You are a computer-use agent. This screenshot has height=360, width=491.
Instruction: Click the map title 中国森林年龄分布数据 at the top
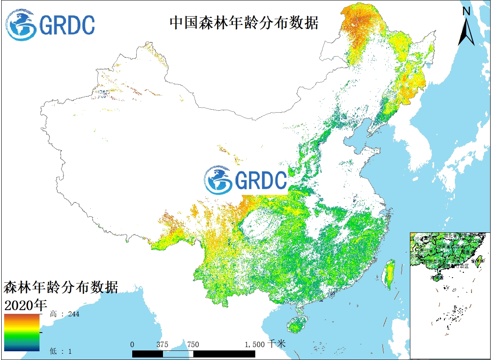pos(244,22)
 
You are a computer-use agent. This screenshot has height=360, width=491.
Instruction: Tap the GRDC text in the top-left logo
pos(67,25)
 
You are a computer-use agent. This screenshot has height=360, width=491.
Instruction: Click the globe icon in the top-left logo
pos(21,25)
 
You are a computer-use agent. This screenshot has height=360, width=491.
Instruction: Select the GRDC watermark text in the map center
pos(261,180)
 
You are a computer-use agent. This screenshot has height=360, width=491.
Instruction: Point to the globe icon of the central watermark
pos(219,180)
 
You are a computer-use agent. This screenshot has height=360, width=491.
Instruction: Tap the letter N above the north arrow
pos(466,12)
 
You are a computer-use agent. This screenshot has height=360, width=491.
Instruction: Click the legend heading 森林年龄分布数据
pos(61,287)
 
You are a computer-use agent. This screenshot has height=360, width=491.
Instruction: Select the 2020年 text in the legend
pos(25,305)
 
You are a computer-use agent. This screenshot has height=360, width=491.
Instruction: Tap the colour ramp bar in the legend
pos(22,333)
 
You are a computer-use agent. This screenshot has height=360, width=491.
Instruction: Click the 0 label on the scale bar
pos(132,344)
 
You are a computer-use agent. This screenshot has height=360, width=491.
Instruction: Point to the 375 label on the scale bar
pos(163,344)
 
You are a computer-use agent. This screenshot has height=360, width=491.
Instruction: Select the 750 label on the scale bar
pos(193,344)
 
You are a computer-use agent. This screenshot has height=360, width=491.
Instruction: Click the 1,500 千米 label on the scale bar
pos(265,344)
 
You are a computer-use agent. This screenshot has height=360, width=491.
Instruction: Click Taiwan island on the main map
pos(389,274)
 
